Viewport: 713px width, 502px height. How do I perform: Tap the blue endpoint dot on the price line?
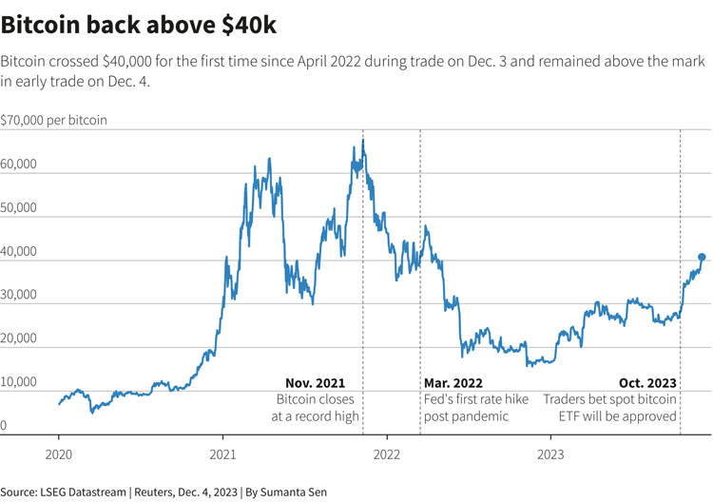[702, 257]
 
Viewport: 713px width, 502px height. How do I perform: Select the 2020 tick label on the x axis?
[59, 454]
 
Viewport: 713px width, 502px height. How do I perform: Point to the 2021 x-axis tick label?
[223, 454]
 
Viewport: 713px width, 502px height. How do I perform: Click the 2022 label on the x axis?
[387, 454]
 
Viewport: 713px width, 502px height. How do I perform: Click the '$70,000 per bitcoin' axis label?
[54, 120]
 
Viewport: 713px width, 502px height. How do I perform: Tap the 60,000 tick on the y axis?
[19, 164]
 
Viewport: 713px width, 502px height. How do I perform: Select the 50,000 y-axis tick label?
[19, 208]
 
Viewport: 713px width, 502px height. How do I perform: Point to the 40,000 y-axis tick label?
[19, 252]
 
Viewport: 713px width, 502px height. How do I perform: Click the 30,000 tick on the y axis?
[19, 295]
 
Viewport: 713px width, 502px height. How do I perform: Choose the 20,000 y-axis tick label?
[19, 338]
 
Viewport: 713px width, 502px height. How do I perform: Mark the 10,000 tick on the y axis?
[19, 382]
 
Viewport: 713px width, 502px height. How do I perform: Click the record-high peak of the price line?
[362, 141]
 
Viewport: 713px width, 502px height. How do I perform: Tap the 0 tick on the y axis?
[4, 426]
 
